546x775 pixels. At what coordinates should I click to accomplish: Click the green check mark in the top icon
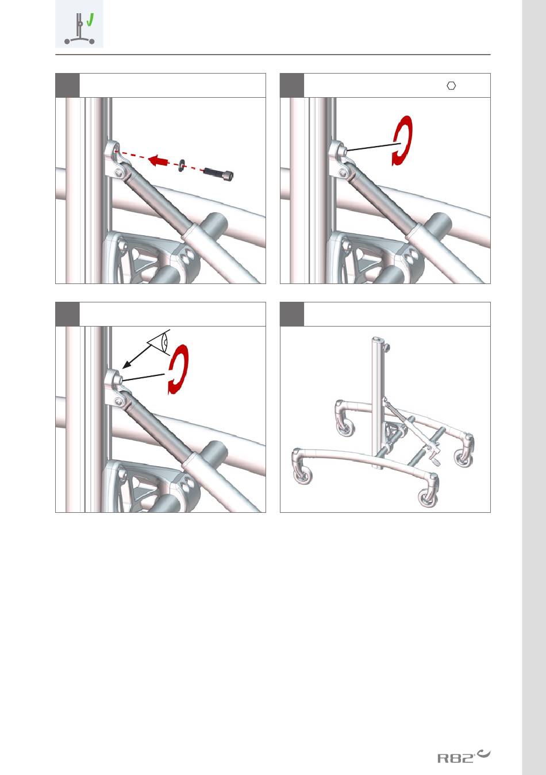pos(90,20)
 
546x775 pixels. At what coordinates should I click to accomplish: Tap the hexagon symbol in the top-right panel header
pos(451,86)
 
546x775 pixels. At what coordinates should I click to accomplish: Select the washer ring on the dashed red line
pos(182,164)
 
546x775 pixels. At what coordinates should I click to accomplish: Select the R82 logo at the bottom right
pos(463,756)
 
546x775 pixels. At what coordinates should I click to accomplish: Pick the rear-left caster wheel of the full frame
pos(345,428)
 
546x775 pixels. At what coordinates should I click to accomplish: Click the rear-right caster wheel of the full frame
pos(463,458)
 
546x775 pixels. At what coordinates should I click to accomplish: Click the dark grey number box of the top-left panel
pos(67,86)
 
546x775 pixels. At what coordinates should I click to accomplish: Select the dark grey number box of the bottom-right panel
pos(292,314)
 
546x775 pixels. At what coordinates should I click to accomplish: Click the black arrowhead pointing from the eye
pos(126,365)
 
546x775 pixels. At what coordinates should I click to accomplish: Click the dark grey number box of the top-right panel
pos(292,86)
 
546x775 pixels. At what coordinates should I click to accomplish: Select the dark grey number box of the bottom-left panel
pos(67,314)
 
